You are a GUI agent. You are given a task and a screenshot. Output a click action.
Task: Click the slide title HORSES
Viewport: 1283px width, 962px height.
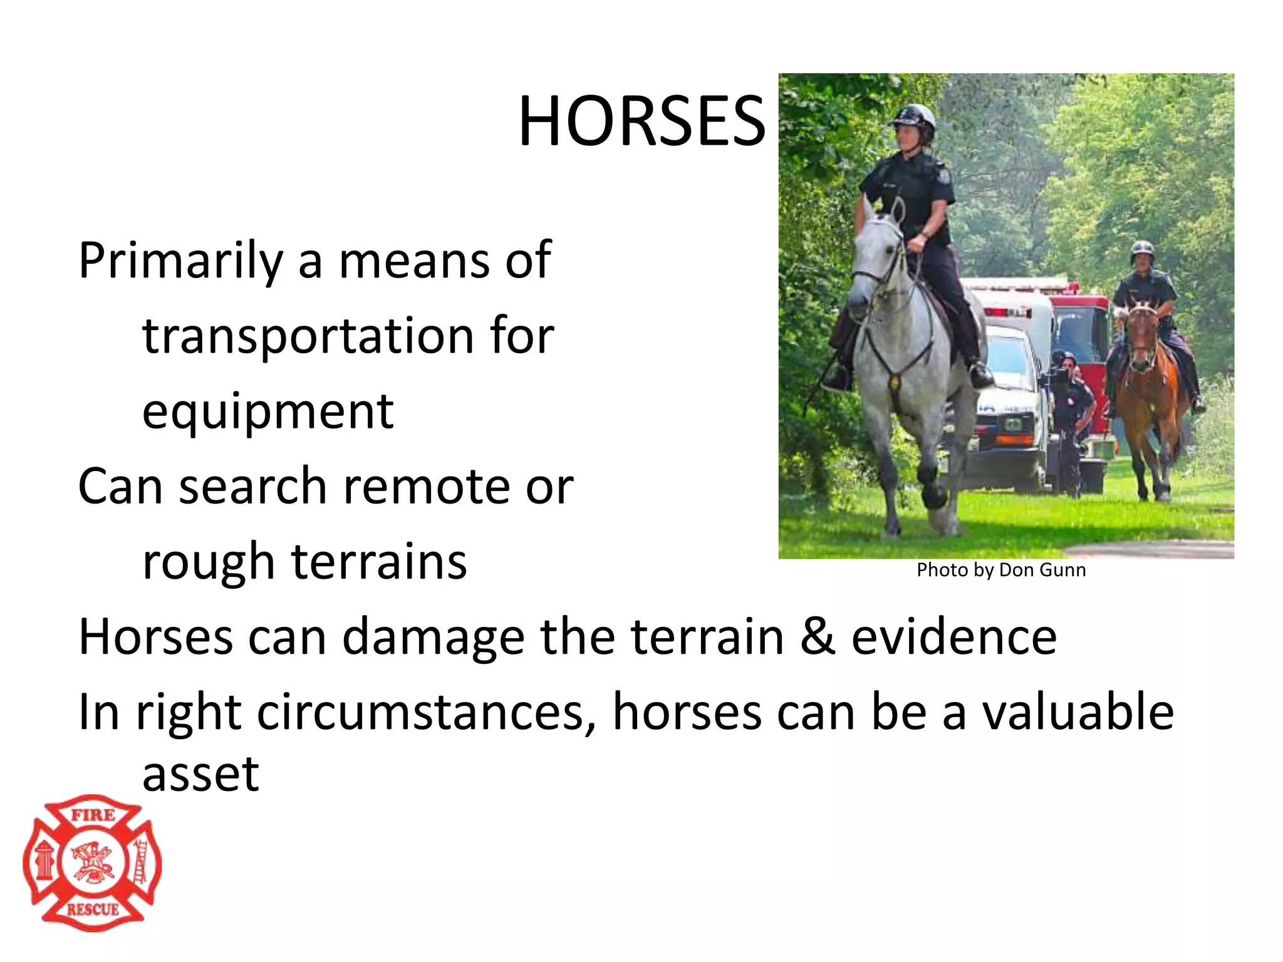pyautogui.click(x=641, y=122)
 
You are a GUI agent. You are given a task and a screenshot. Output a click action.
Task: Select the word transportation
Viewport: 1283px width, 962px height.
pyautogui.click(x=308, y=336)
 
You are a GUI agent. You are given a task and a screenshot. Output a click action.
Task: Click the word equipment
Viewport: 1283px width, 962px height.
pyautogui.click(x=268, y=412)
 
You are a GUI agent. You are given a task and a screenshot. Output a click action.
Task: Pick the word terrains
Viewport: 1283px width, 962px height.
pyautogui.click(x=379, y=561)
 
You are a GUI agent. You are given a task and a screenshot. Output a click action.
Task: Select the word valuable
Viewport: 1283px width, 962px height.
pyautogui.click(x=1077, y=713)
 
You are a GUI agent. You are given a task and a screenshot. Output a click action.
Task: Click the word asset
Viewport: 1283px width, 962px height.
pyautogui.click(x=200, y=774)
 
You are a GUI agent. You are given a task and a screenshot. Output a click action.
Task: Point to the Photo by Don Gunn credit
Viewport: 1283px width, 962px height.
pyautogui.click(x=1001, y=570)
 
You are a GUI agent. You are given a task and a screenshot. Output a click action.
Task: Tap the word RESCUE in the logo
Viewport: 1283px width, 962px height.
pyautogui.click(x=93, y=909)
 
